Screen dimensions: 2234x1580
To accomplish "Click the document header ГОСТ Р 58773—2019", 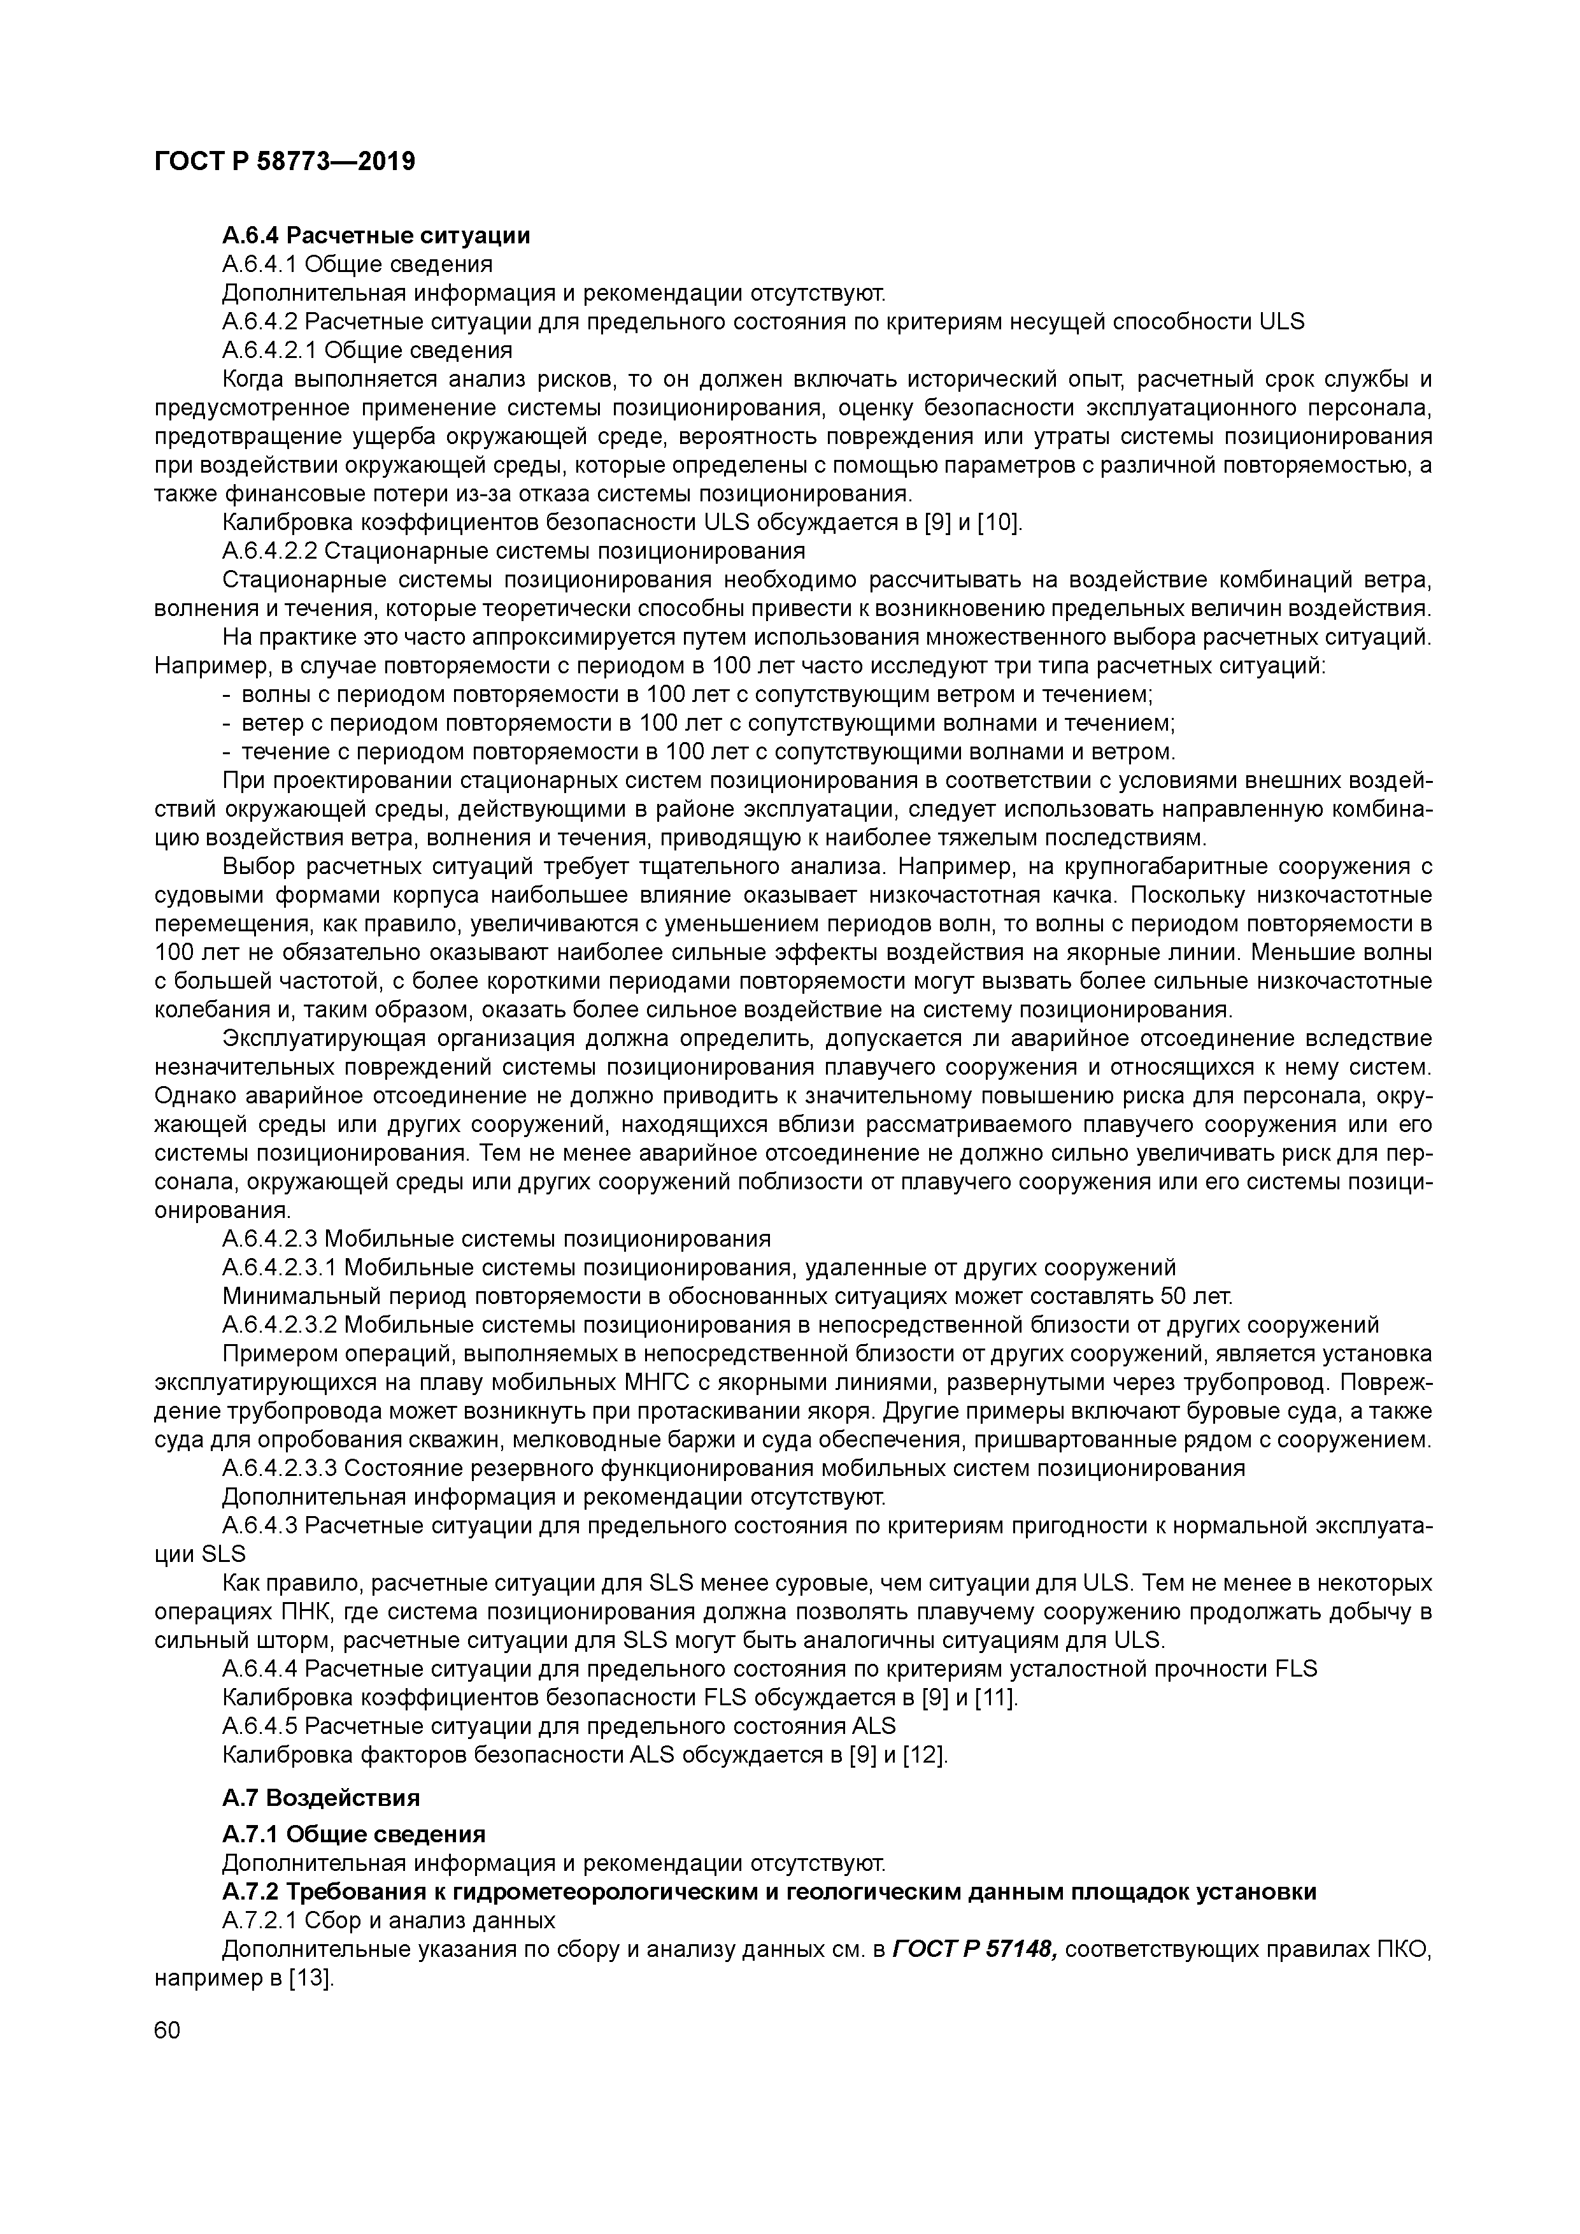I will (x=284, y=162).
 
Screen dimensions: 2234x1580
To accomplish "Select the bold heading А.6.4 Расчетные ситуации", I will (x=376, y=236).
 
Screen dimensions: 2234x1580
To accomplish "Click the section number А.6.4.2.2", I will (x=269, y=551).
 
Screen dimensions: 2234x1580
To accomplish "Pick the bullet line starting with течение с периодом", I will (x=708, y=751).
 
